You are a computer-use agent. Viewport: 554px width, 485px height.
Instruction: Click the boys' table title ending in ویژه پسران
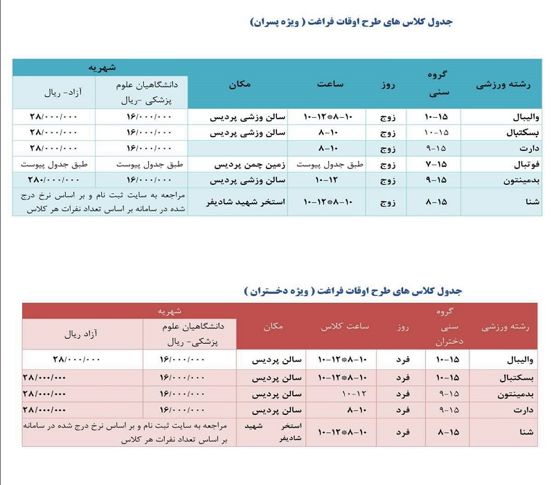coord(351,22)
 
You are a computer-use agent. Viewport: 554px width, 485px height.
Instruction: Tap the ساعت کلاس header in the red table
coord(344,326)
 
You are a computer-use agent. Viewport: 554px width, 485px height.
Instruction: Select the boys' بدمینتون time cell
coord(319,180)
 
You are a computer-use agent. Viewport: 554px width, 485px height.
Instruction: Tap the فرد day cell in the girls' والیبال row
coord(402,360)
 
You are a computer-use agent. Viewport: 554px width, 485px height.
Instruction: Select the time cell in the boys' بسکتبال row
coord(319,132)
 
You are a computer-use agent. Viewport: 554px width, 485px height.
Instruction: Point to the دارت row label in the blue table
coord(521,148)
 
